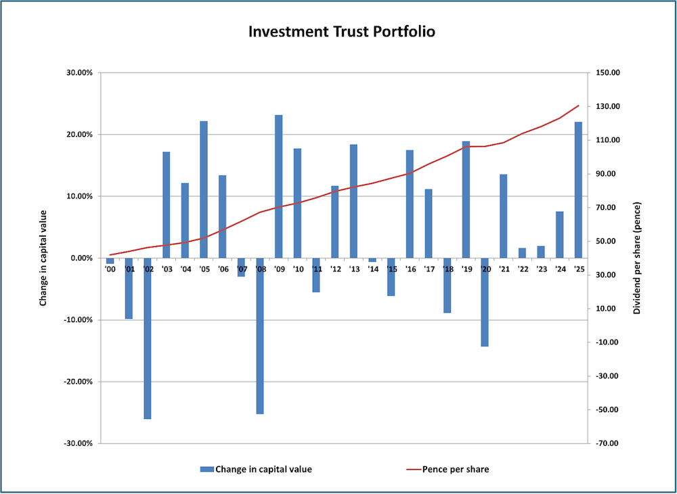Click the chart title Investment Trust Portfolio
338,32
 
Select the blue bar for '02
148,338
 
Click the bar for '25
578,189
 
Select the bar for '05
204,189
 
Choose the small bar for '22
522,252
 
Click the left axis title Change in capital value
43,258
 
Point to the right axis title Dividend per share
637,258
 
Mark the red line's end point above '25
578,106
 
